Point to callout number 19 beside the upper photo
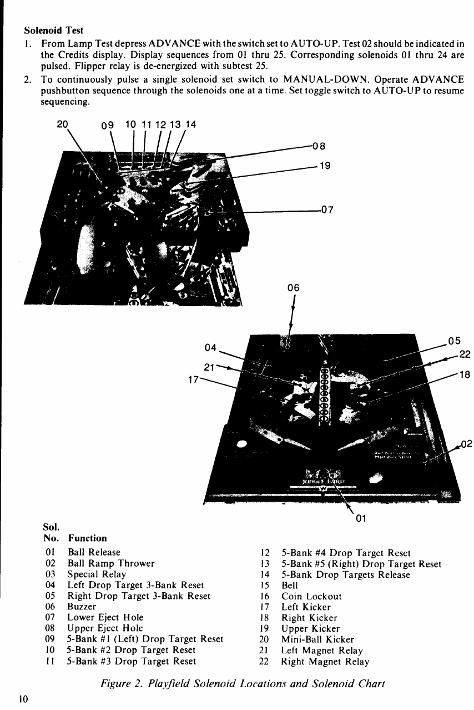[324, 165]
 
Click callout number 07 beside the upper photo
[328, 210]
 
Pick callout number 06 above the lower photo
[294, 287]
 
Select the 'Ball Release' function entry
[93, 552]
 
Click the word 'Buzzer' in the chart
[82, 607]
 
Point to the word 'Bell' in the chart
[290, 585]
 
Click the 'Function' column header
[87, 538]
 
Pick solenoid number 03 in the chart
[49, 574]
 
